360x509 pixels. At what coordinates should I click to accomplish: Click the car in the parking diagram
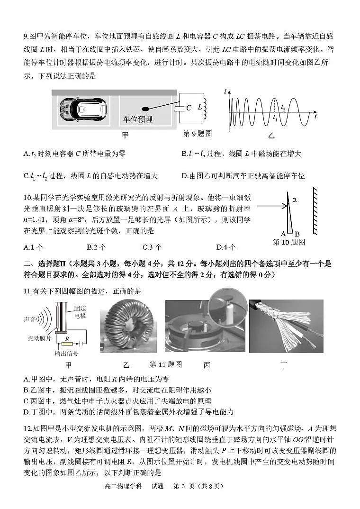point(83,108)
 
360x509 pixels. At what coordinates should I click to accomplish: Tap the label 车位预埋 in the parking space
point(138,119)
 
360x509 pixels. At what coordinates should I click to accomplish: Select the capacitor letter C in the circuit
point(189,108)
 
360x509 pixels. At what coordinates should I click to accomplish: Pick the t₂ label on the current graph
point(283,108)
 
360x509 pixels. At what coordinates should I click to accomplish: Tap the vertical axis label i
point(225,91)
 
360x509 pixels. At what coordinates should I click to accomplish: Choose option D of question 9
point(243,176)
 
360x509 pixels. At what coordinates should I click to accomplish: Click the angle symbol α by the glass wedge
point(294,200)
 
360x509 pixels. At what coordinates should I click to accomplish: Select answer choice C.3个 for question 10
point(152,247)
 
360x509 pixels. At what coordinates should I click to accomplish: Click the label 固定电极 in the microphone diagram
point(80,312)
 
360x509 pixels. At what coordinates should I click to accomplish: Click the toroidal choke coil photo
point(127,327)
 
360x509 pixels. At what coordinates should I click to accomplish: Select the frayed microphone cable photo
point(286,326)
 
